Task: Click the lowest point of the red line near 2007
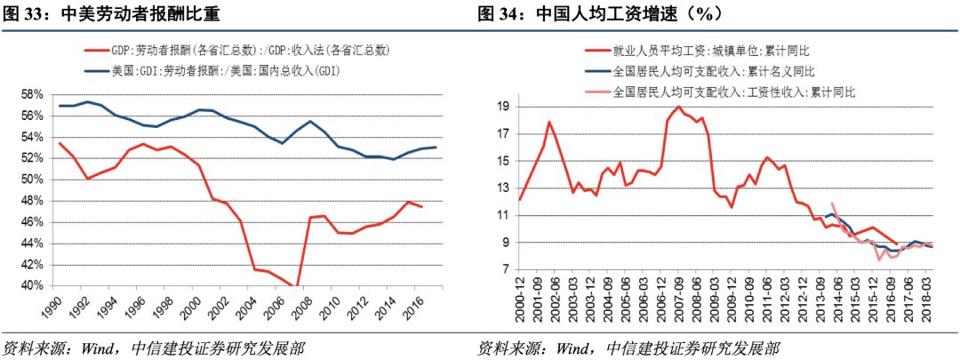tap(295, 285)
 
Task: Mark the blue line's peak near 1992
tap(87, 101)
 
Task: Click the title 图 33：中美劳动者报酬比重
tap(111, 13)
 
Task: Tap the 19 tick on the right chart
tap(500, 107)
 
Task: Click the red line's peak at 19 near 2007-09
tap(679, 107)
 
